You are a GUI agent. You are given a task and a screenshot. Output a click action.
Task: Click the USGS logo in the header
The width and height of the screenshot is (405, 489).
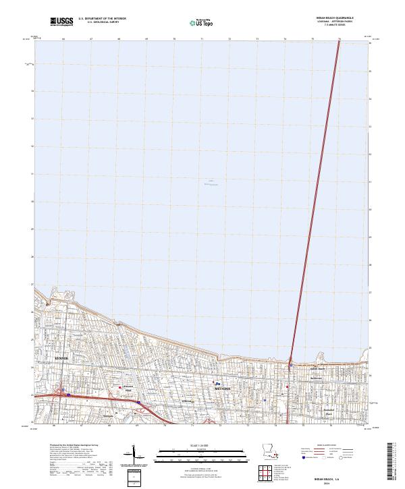click(61, 22)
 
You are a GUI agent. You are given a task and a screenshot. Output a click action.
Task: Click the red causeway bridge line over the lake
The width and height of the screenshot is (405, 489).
click(314, 202)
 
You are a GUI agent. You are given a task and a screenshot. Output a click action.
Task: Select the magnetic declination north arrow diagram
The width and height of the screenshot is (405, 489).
click(133, 454)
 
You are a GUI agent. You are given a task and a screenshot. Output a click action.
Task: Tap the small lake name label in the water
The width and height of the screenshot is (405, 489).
click(211, 182)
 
